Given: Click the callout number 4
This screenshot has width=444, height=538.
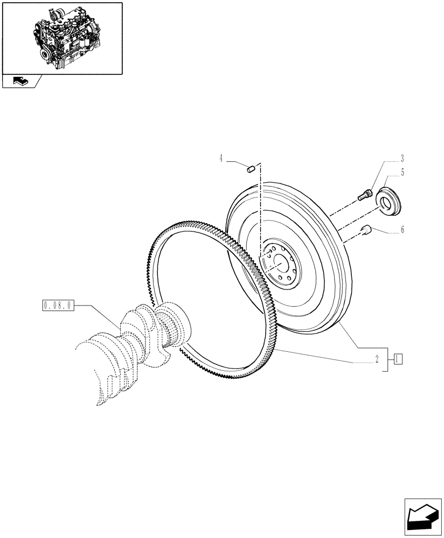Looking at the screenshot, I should [221, 158].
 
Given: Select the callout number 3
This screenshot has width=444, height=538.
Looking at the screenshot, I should [402, 159].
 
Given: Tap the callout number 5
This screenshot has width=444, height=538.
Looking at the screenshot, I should [402, 173].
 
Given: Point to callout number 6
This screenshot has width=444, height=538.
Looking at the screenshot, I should [402, 230].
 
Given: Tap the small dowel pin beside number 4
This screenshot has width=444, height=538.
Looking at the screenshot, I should [249, 169].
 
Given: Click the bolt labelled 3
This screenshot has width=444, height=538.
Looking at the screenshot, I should [365, 195].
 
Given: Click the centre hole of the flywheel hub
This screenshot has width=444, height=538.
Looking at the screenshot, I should [280, 263].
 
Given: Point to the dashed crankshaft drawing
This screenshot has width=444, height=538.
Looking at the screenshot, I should [119, 355].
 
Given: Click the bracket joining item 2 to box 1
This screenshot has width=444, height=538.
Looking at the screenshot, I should [386, 358].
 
